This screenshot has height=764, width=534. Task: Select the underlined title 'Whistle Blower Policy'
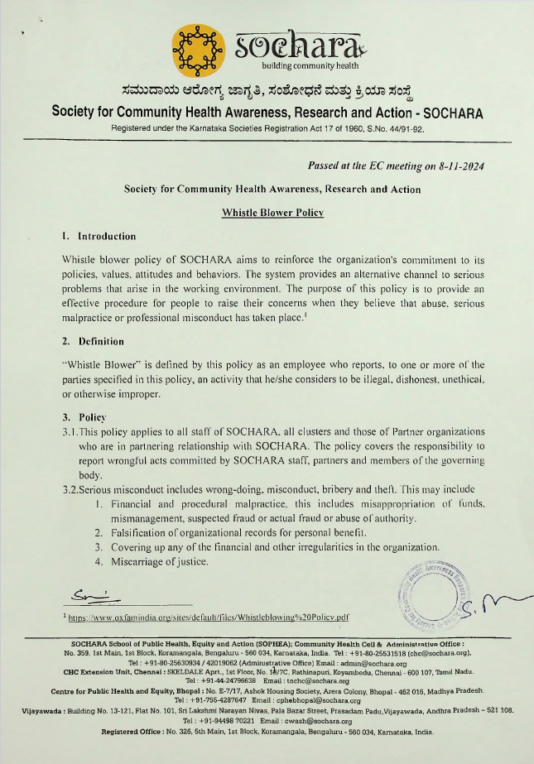pos(272,212)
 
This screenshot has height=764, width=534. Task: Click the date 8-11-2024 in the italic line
pos(455,166)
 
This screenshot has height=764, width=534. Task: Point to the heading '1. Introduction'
pos(99,236)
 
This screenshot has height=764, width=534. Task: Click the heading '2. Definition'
pos(93,341)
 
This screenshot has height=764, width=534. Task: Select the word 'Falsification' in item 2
pos(137,532)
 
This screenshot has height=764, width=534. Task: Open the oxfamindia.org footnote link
pos(209,617)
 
